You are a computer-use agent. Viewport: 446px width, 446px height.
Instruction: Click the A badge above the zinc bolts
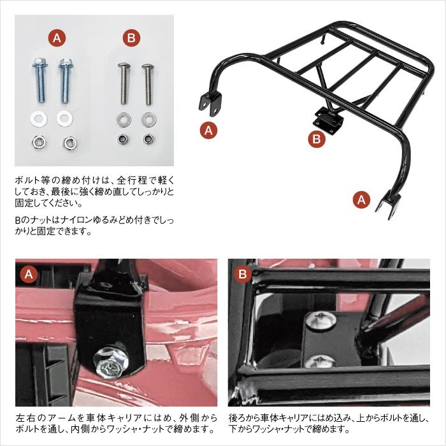click(57, 38)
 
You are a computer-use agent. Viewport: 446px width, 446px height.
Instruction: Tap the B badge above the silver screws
click(131, 38)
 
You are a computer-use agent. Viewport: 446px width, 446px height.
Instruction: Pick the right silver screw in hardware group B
click(148, 83)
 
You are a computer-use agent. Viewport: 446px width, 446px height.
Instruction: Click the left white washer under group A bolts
click(36, 119)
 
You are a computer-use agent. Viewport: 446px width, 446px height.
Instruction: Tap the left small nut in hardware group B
click(122, 139)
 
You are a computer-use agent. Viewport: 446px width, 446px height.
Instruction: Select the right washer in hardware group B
click(148, 119)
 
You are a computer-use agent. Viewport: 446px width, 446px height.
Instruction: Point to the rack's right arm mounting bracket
click(386, 205)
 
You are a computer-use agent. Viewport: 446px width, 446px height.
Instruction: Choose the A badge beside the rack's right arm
click(361, 199)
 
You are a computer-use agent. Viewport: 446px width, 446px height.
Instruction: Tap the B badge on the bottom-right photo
click(243, 275)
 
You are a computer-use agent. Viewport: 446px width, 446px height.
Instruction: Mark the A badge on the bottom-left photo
click(29, 275)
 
